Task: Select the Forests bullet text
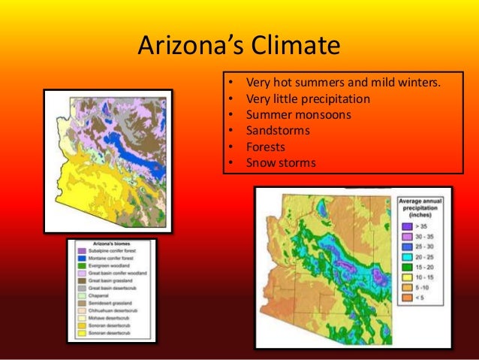[267, 147]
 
